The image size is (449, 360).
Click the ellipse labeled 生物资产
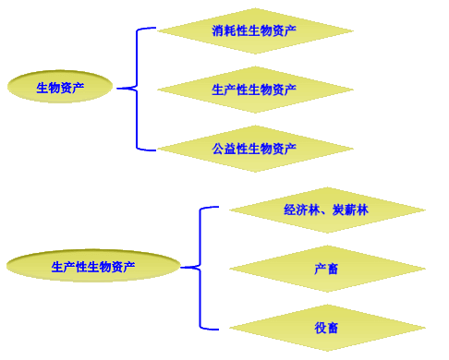pyautogui.click(x=60, y=88)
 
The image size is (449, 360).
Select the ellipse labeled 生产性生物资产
pyautogui.click(x=92, y=267)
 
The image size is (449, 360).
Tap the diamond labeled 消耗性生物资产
pyautogui.click(x=254, y=30)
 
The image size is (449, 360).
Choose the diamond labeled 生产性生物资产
pyautogui.click(x=254, y=90)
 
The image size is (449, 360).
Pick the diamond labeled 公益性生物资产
pyautogui.click(x=254, y=148)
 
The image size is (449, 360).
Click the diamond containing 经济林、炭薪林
pyautogui.click(x=326, y=210)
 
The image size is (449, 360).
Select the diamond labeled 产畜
pyautogui.click(x=326, y=269)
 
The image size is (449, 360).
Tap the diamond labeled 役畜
pyautogui.click(x=326, y=328)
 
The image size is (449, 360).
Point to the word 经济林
pyautogui.click(x=301, y=210)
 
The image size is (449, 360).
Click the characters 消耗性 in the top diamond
pyautogui.click(x=229, y=30)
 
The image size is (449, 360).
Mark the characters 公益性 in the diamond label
pyautogui.click(x=229, y=148)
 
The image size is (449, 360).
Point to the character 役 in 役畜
pyautogui.click(x=320, y=328)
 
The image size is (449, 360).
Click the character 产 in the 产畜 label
pyautogui.click(x=320, y=269)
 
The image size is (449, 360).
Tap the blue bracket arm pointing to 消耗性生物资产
pyautogui.click(x=146, y=29)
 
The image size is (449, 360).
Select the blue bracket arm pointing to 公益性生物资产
pyautogui.click(x=146, y=148)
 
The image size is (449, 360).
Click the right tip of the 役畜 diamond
pyautogui.click(x=424, y=328)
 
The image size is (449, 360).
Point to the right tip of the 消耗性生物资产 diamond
pyautogui.click(x=352, y=30)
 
